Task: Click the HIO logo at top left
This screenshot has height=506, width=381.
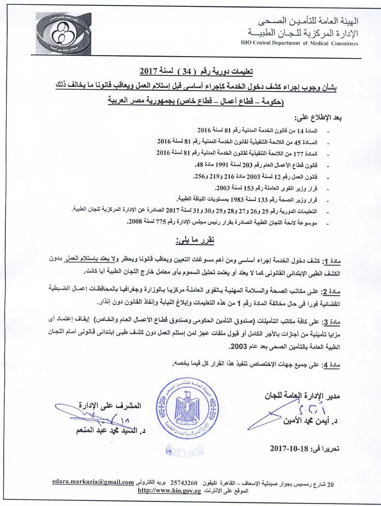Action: coord(63,34)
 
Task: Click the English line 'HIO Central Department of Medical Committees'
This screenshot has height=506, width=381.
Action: coord(299,43)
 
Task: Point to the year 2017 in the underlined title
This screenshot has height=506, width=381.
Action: coord(149,72)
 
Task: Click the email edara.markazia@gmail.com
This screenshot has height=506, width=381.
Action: coord(93,482)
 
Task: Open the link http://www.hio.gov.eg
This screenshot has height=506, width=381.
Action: coord(169,491)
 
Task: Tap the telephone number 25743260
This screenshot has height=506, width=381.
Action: coord(184,483)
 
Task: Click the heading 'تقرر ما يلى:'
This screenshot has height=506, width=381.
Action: coord(195,240)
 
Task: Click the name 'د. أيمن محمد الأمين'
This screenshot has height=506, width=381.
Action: coord(311,421)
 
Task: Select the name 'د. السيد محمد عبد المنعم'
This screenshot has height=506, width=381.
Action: coord(111,430)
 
